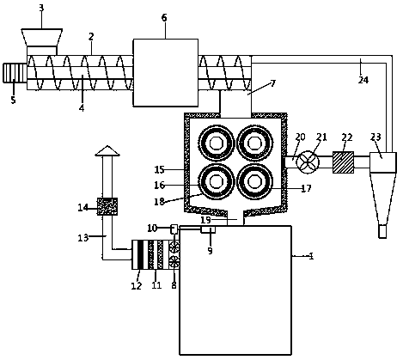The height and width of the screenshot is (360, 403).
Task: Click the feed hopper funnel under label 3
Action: click(42, 37)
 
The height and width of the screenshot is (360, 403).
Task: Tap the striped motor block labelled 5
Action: click(15, 73)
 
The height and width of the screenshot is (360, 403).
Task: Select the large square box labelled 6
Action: click(166, 73)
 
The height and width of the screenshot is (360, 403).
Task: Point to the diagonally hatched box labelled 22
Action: click(343, 162)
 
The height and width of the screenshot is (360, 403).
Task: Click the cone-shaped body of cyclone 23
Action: click(382, 198)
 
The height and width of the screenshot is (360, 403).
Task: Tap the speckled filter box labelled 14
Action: click(107, 206)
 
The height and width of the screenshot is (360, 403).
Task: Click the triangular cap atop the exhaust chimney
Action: click(107, 150)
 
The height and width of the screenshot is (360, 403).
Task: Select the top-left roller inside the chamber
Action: click(217, 143)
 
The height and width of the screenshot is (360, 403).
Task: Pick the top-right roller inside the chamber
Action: click(254, 143)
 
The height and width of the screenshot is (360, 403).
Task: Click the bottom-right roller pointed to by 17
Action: click(254, 181)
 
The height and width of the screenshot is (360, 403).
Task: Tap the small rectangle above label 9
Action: click(208, 229)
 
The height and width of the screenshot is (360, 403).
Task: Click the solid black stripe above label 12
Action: click(140, 254)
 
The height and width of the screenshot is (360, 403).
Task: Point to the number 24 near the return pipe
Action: click(363, 80)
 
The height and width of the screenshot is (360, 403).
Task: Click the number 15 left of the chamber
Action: click(159, 169)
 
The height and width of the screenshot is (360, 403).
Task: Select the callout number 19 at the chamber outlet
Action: click(205, 220)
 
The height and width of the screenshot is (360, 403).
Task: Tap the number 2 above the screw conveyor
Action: click(91, 36)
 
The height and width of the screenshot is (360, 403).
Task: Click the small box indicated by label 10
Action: click(174, 229)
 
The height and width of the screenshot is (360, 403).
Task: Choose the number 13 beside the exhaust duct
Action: click(83, 237)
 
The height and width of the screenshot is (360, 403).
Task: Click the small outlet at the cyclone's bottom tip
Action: click(382, 231)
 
